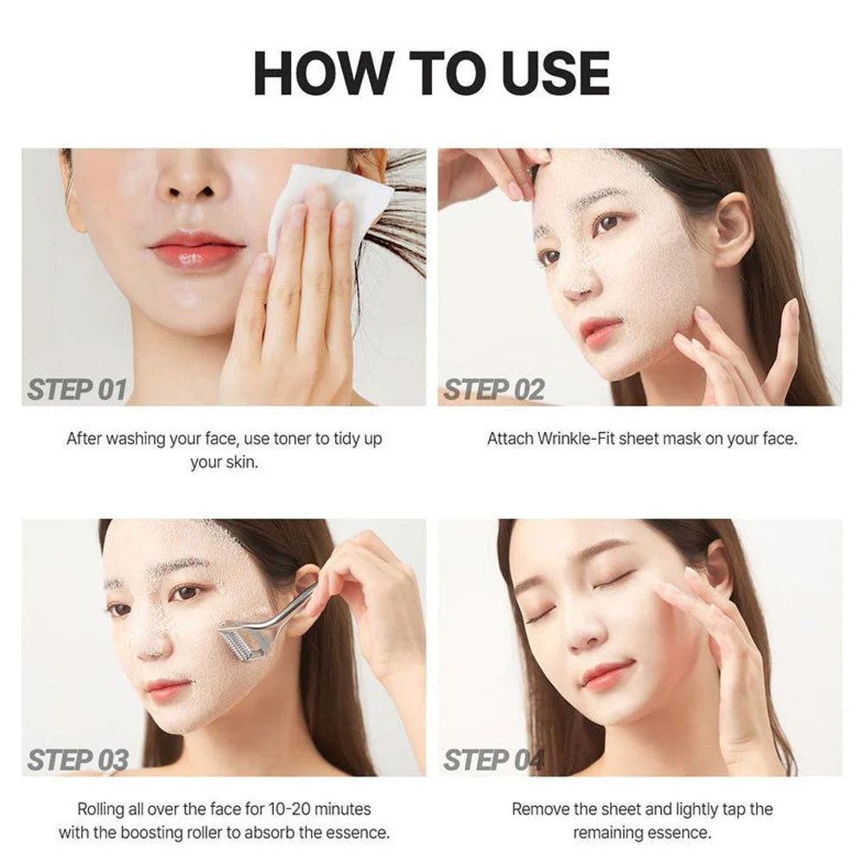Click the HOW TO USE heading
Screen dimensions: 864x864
431,73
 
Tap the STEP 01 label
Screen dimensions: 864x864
77,390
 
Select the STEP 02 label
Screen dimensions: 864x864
494,390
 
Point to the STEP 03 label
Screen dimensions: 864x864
78,760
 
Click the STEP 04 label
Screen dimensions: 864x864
494,760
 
